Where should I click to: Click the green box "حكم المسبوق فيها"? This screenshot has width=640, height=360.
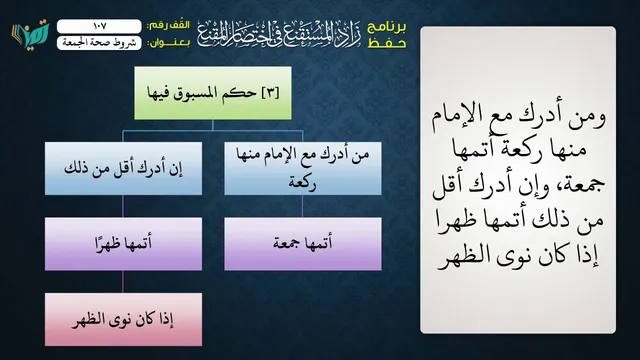click(213, 93)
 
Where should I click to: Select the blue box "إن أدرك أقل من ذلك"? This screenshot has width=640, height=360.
click(123, 169)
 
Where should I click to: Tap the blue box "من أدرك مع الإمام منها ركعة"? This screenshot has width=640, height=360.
click(303, 169)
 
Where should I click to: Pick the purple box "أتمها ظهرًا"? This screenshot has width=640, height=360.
click(123, 244)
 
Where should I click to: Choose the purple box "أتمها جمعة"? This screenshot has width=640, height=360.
click(303, 244)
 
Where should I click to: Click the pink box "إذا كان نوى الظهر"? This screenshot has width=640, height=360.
click(123, 320)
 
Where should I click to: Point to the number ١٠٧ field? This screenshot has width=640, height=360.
click(99, 26)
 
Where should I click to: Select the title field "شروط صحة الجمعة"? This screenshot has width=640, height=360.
click(99, 43)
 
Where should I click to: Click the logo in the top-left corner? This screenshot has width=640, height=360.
click(30, 34)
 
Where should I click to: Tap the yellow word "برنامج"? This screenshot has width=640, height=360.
click(387, 27)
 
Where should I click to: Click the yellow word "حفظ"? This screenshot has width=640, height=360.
click(387, 43)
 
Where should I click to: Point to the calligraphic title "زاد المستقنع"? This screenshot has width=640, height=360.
click(280, 34)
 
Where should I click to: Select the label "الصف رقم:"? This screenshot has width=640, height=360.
click(168, 26)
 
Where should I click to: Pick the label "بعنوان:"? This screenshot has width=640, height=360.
click(168, 43)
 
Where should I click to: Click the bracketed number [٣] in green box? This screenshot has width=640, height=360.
click(270, 93)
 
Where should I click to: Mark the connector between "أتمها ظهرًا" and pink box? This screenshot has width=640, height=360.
click(123, 282)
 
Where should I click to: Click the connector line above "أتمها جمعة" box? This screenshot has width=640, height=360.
click(302, 206)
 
